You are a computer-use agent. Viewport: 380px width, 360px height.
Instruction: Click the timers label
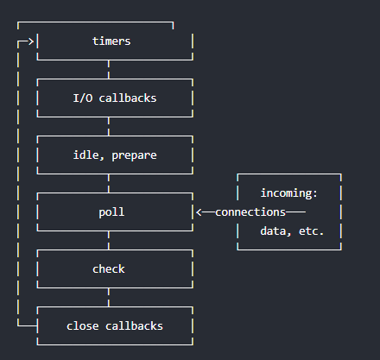[x=111, y=41]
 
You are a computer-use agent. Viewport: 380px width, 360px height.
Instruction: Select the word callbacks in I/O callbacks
[x=129, y=98]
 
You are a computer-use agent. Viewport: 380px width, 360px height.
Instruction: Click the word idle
[x=88, y=155]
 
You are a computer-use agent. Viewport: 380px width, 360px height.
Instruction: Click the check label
[x=109, y=268]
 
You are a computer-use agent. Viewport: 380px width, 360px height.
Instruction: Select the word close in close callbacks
[x=82, y=325]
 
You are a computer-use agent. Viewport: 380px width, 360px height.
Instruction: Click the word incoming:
[x=288, y=193]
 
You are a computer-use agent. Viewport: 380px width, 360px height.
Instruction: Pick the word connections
[x=250, y=212]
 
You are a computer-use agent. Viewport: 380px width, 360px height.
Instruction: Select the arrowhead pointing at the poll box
[x=199, y=212]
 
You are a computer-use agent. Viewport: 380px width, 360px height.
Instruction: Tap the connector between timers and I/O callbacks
[x=109, y=69]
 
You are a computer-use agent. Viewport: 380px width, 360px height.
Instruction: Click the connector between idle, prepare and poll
[x=109, y=183]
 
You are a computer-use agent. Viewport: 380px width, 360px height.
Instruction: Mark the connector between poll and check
[x=109, y=240]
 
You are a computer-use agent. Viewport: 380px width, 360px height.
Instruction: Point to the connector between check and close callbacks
[x=109, y=297]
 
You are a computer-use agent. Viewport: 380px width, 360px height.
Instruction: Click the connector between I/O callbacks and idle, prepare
[x=109, y=126]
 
